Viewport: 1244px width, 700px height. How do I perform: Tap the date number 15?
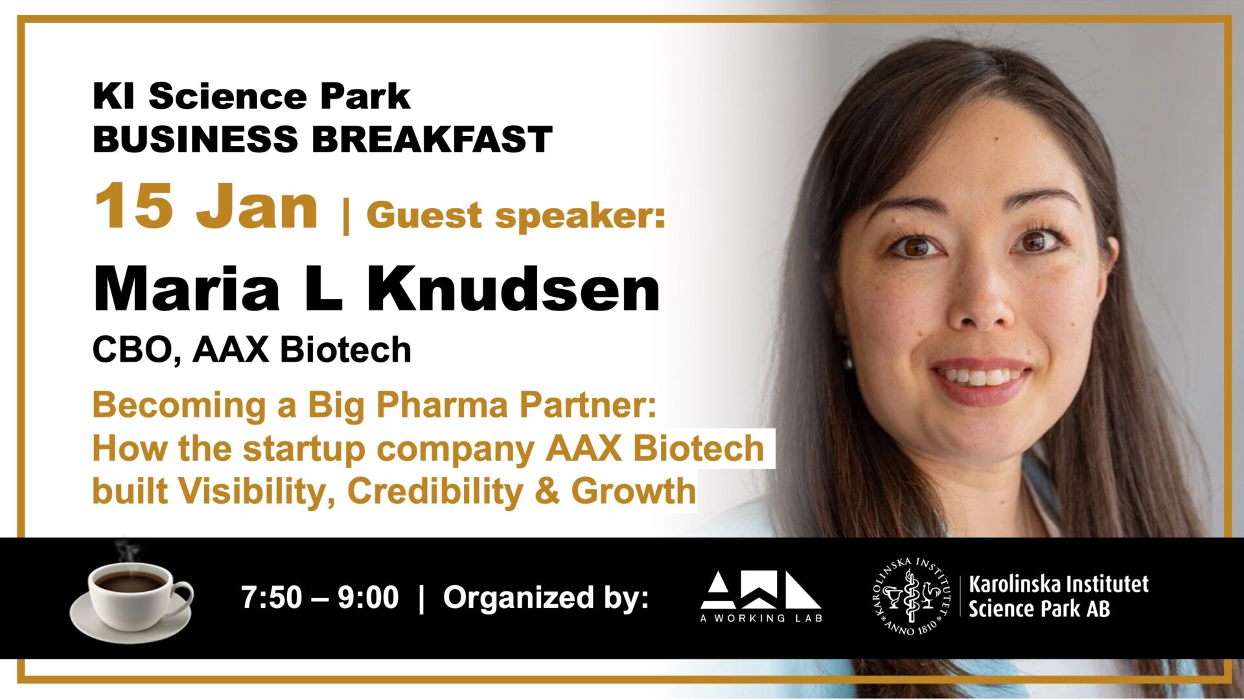(x=134, y=206)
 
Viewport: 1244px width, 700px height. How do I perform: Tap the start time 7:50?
(x=271, y=597)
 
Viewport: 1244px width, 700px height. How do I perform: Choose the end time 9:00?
(x=367, y=597)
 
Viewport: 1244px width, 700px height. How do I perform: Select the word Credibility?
(x=435, y=491)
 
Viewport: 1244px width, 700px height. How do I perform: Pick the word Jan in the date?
(x=257, y=206)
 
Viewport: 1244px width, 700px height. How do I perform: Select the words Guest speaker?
(x=516, y=216)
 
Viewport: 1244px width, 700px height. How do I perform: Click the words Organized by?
(x=546, y=598)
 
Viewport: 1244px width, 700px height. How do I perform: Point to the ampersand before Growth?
(x=547, y=491)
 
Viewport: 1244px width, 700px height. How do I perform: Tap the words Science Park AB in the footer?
(x=1039, y=609)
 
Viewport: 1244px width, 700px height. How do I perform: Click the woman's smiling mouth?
(x=982, y=379)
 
